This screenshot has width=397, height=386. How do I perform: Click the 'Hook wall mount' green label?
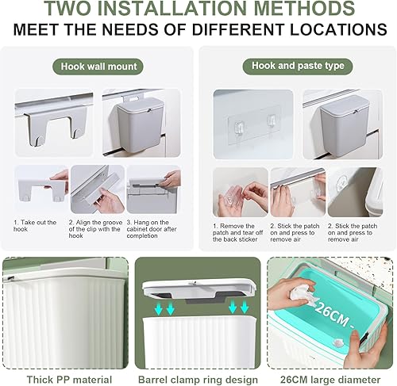(x=98, y=67)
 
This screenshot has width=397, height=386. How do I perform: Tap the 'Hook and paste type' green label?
(x=298, y=66)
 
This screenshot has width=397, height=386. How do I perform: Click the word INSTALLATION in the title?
(x=175, y=8)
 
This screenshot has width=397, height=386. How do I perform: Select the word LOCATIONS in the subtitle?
(x=338, y=29)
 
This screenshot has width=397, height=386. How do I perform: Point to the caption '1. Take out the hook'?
(x=35, y=226)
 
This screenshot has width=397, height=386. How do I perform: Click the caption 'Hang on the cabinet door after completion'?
(x=152, y=229)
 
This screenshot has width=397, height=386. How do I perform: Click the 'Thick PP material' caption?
(x=69, y=380)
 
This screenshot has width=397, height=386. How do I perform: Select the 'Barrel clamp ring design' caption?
(x=198, y=380)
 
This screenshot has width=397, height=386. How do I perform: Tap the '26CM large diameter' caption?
(x=330, y=380)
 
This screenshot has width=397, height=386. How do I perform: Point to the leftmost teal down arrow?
(x=159, y=308)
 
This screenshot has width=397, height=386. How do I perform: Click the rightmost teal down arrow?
(x=245, y=308)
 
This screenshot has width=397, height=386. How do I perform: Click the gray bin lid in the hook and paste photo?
(x=342, y=104)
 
